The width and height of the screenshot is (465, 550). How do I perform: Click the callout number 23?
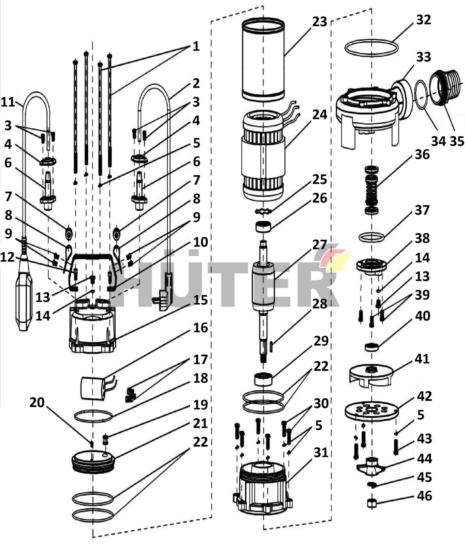click(320, 22)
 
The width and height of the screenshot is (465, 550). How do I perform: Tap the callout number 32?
click(423, 20)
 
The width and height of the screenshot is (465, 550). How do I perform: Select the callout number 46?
click(424, 496)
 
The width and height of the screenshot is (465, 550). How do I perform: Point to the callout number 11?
click(8, 102)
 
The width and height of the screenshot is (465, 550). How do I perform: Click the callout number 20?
click(37, 402)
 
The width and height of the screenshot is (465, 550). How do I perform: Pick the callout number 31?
click(321, 453)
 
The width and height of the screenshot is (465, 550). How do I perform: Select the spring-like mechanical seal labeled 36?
click(372, 190)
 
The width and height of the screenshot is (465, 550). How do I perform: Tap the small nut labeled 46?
click(372, 503)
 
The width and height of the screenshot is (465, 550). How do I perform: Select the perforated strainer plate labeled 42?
click(371, 411)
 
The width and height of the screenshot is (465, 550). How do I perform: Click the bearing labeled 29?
click(263, 379)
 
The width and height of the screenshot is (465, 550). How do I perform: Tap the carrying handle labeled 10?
click(92, 257)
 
